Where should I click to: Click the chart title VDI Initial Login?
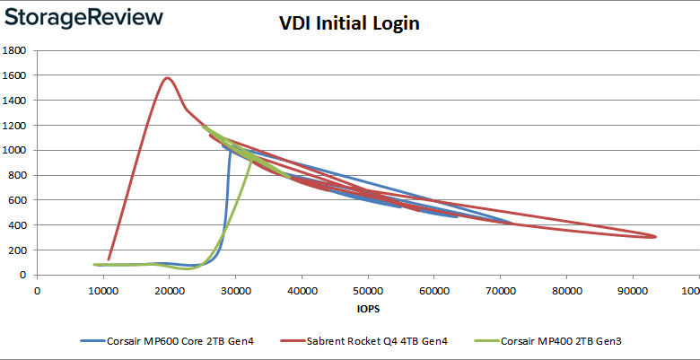click(348, 24)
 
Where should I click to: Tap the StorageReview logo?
click(83, 17)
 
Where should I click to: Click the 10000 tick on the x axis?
click(103, 290)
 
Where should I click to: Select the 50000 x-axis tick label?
click(368, 290)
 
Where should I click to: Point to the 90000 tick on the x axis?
click(633, 290)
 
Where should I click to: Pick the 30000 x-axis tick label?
click(236, 290)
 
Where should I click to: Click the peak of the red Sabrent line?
click(168, 78)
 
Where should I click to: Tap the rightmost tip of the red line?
click(656, 237)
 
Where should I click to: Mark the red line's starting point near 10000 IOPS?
click(109, 259)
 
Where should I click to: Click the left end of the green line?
click(94, 265)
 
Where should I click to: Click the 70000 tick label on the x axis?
click(501, 290)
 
